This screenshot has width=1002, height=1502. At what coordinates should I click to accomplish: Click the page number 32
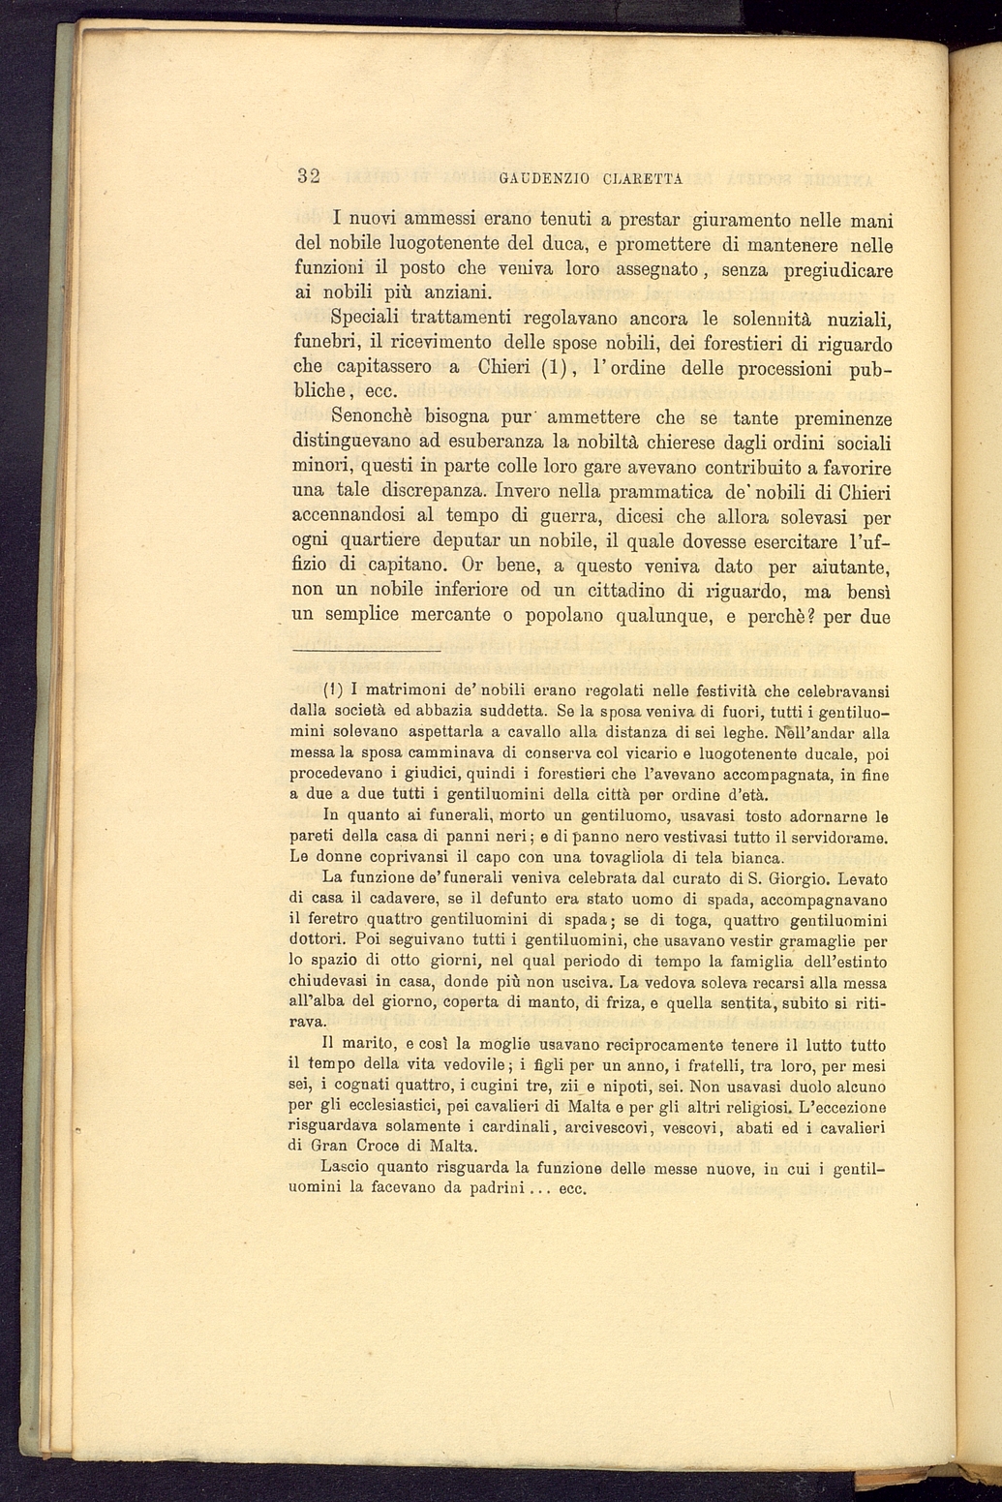pos(309,176)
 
